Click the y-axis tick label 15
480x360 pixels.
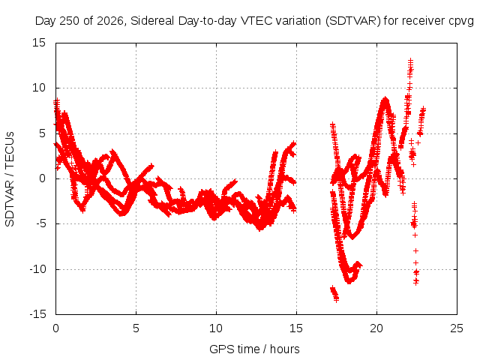point(39,43)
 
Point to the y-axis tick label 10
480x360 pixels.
point(39,88)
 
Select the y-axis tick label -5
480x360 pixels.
point(41,223)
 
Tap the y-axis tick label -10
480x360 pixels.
point(38,269)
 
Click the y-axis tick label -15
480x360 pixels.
point(38,314)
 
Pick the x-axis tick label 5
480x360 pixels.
point(136,328)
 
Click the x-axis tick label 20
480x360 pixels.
point(376,328)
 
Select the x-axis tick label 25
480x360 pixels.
point(457,328)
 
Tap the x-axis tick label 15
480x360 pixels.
point(296,328)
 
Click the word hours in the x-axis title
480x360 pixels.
point(285,349)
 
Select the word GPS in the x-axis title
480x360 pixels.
point(218,349)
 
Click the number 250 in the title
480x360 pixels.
point(69,21)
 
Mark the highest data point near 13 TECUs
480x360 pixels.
point(410,60)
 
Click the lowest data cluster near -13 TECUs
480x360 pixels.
point(334,293)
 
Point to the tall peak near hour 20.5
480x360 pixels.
point(385,100)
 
